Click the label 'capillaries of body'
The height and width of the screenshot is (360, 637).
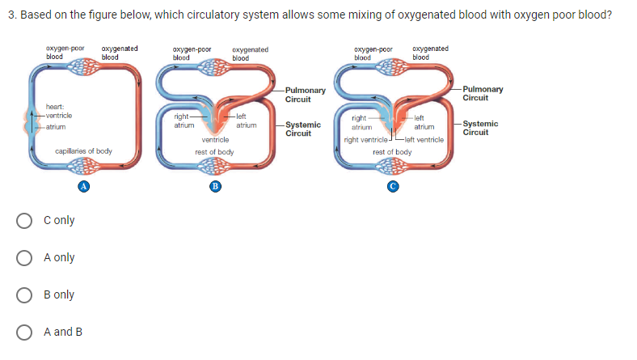[x=83, y=151]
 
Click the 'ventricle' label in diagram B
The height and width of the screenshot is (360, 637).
[x=215, y=140]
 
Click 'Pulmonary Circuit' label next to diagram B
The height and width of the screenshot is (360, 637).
[x=305, y=94]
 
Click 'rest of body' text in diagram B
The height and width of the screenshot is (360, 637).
[x=215, y=151]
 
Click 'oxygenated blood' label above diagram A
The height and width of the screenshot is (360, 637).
[x=119, y=53]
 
